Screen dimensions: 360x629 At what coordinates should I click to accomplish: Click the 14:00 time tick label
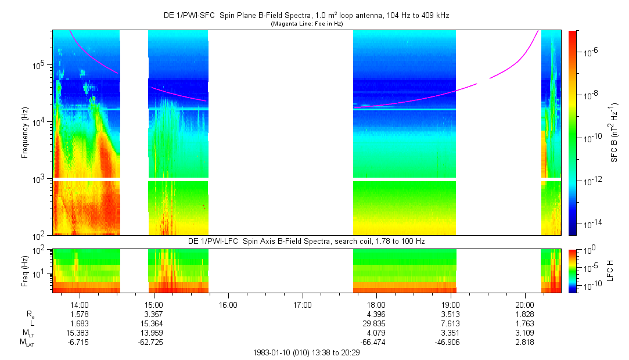[x=79, y=304]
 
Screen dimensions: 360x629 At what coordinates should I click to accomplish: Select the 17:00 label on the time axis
[x=302, y=304]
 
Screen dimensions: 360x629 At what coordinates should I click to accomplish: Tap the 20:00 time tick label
[x=524, y=304]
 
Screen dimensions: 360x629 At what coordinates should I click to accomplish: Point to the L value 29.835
[x=376, y=323]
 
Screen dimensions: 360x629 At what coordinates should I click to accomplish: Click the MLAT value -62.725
[x=153, y=343]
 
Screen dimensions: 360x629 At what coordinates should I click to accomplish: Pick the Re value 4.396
[x=376, y=314]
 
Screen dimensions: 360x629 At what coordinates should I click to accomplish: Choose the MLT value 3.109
[x=524, y=333]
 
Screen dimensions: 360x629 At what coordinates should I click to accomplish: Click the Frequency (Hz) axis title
[x=25, y=132]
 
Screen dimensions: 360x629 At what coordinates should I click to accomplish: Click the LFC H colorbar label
[x=610, y=269]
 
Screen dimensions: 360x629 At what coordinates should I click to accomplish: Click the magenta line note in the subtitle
[x=307, y=24]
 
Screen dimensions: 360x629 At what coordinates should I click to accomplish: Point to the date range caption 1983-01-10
[x=307, y=352]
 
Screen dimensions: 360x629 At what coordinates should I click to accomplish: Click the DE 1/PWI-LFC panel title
[x=307, y=240]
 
